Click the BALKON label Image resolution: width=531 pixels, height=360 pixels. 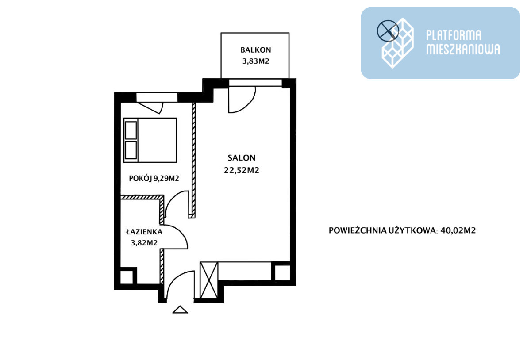coord(256,50)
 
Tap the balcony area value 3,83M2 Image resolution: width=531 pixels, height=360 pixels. coord(256,61)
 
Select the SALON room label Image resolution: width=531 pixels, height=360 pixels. coord(242,158)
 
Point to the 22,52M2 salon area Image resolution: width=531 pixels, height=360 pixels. coord(242,170)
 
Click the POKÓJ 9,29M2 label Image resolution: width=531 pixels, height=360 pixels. coord(154,179)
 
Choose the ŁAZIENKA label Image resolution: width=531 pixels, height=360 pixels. coord(144,232)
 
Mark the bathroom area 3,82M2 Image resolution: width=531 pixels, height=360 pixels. coord(144,243)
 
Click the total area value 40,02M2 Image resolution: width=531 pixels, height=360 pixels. coord(458,230)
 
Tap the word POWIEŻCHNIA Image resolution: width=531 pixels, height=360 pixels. coord(358,230)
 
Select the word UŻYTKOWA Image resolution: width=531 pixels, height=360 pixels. coord(412,230)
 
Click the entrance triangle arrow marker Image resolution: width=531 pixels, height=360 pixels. coord(180,310)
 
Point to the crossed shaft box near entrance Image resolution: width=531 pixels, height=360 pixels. coord(208,280)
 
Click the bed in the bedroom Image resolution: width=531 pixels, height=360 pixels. coord(150,140)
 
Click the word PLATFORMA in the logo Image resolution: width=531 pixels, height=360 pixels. coord(454,35)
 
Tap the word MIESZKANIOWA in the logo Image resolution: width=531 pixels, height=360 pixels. coord(463,49)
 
